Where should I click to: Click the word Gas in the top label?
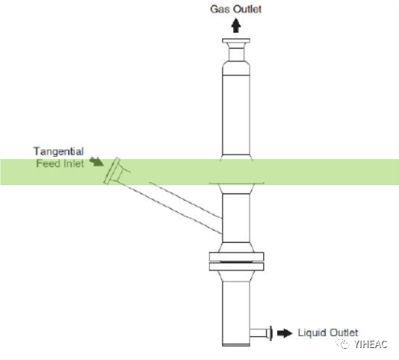coord(220,9)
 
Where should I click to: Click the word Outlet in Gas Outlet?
coord(247,9)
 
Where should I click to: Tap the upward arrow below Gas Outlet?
coord(236,25)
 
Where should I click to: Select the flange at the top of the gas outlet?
coord(236,41)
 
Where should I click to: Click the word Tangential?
coord(58,152)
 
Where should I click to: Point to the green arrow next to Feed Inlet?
coord(96,162)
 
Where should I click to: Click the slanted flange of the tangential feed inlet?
coord(112,171)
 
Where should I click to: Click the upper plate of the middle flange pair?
coord(236,257)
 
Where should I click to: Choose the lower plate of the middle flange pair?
coord(236,267)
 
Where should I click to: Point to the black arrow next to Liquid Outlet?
coord(285,333)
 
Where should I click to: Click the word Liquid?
coord(312,333)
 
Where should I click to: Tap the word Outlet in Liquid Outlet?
coord(344,333)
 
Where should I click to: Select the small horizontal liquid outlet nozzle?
coord(258,333)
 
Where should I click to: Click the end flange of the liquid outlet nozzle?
coord(270,333)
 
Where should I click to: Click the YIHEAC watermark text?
coord(371,344)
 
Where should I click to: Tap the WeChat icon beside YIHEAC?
coord(343,344)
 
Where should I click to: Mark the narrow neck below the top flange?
coord(236,55)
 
